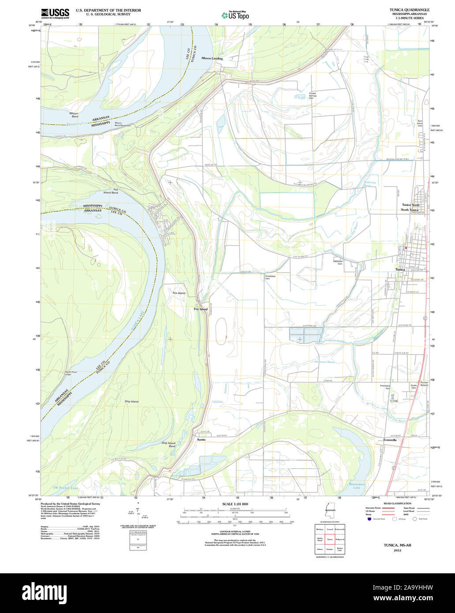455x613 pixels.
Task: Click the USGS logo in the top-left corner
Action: tap(55, 13)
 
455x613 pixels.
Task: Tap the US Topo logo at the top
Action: tap(235, 15)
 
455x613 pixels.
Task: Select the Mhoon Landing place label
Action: tap(212, 58)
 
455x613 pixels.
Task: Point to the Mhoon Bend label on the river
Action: tap(74, 115)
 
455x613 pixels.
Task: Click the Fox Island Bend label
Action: tap(110, 191)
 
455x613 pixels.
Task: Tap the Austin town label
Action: tap(201, 440)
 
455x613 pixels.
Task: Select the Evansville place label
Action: tap(387, 440)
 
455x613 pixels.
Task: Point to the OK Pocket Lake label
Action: tap(65, 488)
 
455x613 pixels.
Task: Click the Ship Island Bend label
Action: tap(169, 445)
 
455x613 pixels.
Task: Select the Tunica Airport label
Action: tap(424, 384)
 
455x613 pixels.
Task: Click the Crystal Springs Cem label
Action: tap(313, 96)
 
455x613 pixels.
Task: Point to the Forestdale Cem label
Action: tap(270, 277)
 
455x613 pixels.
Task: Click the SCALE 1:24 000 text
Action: tap(235, 504)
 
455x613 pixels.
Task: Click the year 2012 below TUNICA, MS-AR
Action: tap(397, 550)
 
